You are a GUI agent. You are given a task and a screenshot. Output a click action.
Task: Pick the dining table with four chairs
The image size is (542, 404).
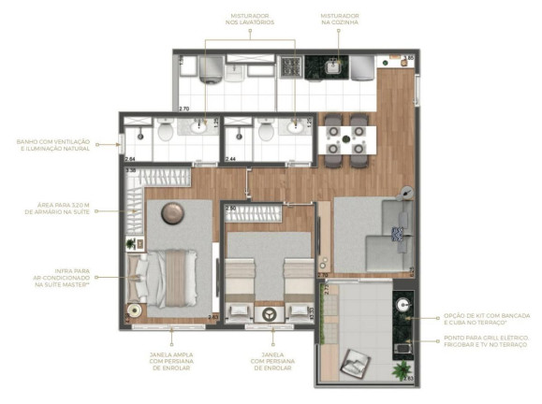[x=344, y=139]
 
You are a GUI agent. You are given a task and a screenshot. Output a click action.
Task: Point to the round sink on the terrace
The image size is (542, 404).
[x=403, y=305]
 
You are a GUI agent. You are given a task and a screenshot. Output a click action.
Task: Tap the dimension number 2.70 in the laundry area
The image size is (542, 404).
[x=184, y=108]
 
